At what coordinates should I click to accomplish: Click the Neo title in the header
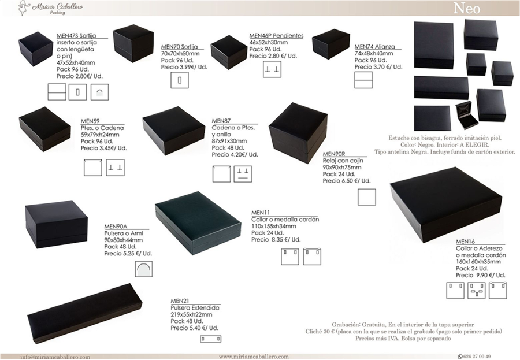467,8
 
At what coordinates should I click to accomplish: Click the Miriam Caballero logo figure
23,8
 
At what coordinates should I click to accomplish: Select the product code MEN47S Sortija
76,35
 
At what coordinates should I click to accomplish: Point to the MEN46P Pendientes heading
276,35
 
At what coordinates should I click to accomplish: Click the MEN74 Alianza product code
375,46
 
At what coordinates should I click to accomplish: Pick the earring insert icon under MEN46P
272,69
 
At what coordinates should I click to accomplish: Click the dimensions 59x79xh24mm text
100,135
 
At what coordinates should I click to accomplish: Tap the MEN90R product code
334,154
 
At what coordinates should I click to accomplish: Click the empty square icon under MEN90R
367,197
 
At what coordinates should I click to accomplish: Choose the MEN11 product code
261,212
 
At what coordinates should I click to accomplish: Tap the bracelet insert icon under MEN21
210,339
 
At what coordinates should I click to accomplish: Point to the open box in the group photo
467,116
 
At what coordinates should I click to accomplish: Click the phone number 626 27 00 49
477,357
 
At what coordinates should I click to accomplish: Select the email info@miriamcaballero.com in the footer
55,357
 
